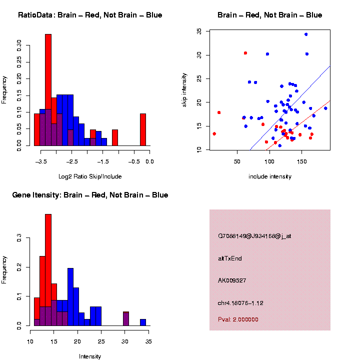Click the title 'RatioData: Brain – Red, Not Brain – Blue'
[90, 15]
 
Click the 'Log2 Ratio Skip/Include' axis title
[90, 176]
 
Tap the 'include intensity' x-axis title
[270, 176]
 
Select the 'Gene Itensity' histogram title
[90, 195]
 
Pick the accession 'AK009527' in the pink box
[232, 280]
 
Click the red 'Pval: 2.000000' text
[238, 319]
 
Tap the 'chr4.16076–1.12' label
[240, 302]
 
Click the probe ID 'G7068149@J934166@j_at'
[254, 236]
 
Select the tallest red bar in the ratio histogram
[48, 90]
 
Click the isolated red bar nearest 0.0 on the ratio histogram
[143, 129]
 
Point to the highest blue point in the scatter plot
[306, 34]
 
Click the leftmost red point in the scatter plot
[214, 133]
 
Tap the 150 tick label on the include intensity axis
[301, 161]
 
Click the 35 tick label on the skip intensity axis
[199, 31]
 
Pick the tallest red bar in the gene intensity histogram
[48, 270]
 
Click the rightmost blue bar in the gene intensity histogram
[143, 322]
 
